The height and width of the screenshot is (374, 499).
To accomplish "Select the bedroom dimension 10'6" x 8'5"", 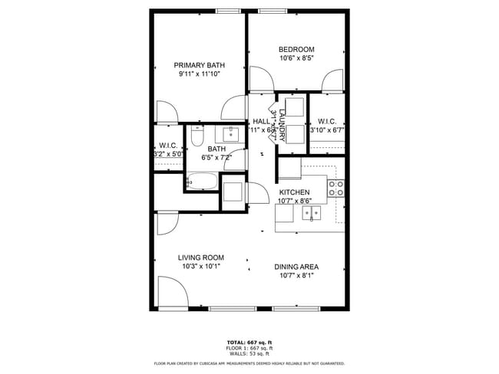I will [296, 57].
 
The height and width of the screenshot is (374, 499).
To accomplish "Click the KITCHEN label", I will [294, 192].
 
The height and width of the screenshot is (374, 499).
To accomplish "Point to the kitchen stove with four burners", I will [335, 189].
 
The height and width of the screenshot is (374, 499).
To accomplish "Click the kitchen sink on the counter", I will [312, 215].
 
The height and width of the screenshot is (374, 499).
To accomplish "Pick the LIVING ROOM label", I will [201, 258].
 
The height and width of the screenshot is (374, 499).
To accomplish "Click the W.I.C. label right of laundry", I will [327, 121].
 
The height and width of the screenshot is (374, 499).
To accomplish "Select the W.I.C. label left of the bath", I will [168, 145].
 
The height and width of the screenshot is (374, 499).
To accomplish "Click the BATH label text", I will [216, 149].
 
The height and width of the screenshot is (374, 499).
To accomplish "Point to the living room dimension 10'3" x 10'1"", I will [201, 267].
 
